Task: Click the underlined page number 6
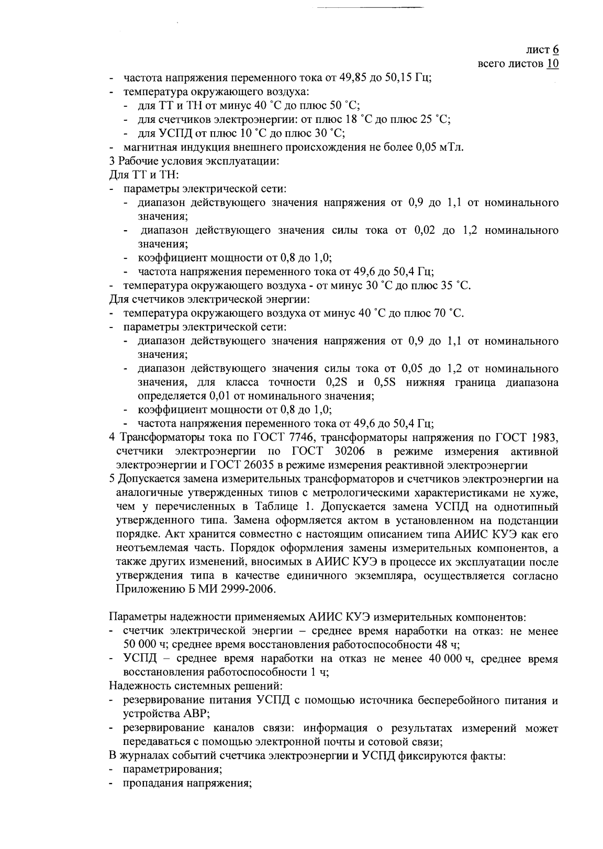555,50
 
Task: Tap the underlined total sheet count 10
552,64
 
